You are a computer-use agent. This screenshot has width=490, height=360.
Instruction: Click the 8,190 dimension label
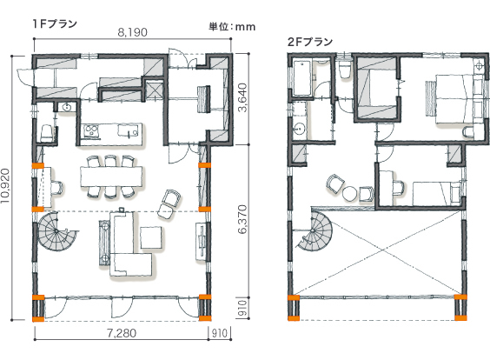click(133, 32)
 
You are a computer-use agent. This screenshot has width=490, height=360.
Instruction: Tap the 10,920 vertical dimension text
click(5, 186)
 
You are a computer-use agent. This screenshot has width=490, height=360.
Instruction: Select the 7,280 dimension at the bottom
click(122, 333)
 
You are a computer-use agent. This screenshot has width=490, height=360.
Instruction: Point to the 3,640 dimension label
click(242, 97)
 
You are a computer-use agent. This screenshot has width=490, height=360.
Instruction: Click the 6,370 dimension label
click(242, 219)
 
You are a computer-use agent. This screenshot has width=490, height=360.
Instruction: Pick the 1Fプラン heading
click(55, 23)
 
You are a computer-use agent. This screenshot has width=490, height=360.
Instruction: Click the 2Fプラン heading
click(310, 42)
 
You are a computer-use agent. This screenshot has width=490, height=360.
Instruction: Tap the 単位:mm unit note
click(232, 27)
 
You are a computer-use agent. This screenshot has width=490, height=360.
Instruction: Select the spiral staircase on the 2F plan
click(314, 230)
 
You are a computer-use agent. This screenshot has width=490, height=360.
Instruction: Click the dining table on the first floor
click(111, 177)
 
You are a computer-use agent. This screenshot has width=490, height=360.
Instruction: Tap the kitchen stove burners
click(91, 130)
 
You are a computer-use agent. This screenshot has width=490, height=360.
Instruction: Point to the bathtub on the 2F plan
click(302, 78)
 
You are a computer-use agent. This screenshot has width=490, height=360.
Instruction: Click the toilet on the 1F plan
click(47, 134)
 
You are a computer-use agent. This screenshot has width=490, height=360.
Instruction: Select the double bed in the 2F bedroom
click(456, 99)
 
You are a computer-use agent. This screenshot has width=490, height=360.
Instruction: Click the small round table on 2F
click(350, 194)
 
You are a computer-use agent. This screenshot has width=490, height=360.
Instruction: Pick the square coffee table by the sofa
click(151, 237)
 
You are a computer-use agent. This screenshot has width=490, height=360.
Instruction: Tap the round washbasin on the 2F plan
click(300, 129)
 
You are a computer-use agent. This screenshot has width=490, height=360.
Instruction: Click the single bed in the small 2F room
click(437, 193)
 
